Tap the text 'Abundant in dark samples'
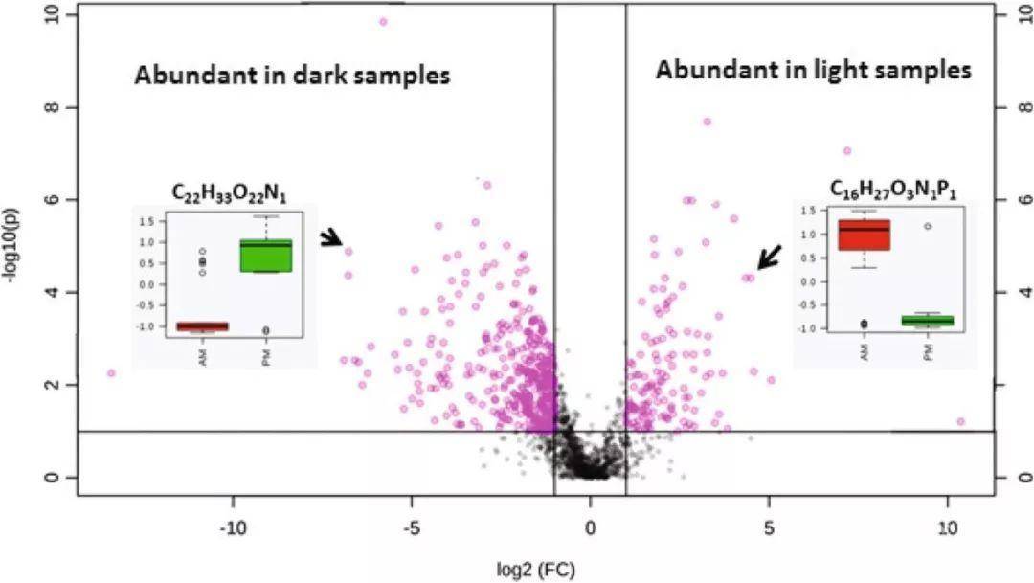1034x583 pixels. [x=292, y=76]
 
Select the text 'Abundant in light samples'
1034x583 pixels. [x=813, y=70]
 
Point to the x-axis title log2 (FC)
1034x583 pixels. [x=537, y=569]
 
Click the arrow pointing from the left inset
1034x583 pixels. [x=332, y=238]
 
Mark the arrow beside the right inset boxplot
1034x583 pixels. [x=769, y=257]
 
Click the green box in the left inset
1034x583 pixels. [x=266, y=256]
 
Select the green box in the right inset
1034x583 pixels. [x=928, y=320]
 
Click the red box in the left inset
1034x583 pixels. [x=202, y=325]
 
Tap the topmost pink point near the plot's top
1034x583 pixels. [x=384, y=21]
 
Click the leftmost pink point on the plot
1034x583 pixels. [x=111, y=373]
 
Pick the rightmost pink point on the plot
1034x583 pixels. [x=960, y=421]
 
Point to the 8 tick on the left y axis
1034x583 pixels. [x=59, y=107]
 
